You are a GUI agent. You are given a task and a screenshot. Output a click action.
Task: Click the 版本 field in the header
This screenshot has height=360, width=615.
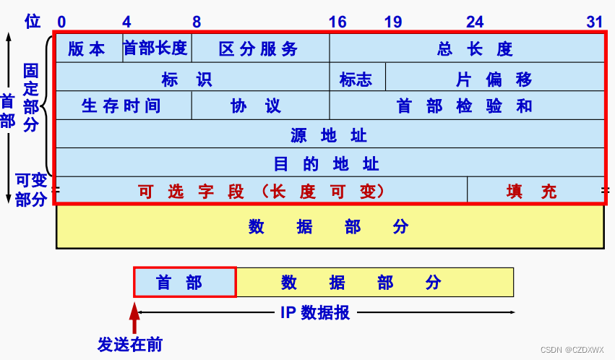[87, 48]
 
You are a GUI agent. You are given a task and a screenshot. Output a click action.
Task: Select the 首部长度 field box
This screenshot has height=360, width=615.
[155, 48]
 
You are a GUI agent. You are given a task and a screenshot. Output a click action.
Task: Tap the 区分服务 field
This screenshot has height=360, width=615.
[259, 48]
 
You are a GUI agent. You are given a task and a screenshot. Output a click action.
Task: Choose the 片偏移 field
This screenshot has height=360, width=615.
[494, 78]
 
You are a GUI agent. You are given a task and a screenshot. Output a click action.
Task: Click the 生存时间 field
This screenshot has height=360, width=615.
[121, 106]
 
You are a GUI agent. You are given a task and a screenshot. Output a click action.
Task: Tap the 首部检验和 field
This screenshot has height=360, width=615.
[464, 106]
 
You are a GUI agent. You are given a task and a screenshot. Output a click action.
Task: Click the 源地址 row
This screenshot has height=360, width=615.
[329, 134]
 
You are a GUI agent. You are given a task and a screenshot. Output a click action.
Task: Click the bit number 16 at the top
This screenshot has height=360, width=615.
[337, 22]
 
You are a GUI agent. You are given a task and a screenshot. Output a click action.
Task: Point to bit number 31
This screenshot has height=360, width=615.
[594, 22]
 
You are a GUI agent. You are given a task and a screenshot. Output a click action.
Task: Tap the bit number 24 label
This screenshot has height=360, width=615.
[475, 22]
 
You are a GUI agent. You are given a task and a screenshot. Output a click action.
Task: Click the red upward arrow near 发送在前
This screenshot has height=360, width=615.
[134, 318]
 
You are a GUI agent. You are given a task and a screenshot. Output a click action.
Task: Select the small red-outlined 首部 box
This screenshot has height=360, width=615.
[184, 283]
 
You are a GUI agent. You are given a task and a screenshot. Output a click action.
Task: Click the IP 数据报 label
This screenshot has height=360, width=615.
[314, 312]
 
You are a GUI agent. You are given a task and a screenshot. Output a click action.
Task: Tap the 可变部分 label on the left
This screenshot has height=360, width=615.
[31, 189]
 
